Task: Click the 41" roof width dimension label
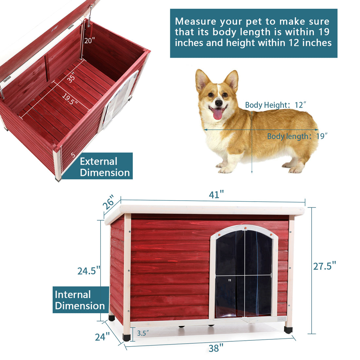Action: point(216,195)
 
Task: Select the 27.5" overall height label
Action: point(324,266)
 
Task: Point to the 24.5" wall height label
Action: point(89,271)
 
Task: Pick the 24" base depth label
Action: point(102,336)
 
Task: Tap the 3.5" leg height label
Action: point(143,333)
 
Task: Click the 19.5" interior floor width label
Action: point(70,99)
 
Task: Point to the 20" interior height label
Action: point(89,41)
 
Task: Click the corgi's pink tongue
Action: point(218,114)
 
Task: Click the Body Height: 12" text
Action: point(276,105)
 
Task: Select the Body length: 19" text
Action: point(297,136)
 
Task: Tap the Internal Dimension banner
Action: point(80,300)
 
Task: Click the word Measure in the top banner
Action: point(195,22)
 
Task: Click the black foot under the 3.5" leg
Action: point(126,337)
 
